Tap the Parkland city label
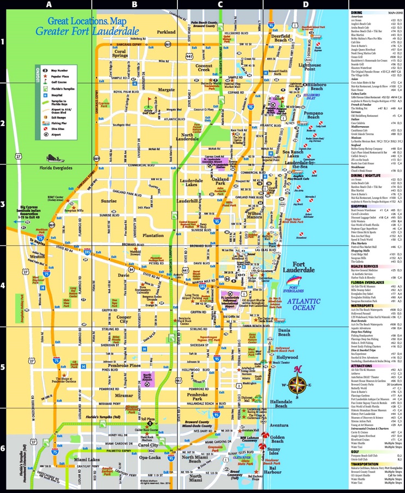[166, 32]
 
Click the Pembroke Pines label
[141, 365]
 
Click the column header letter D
[306, 4]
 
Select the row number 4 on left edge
[3, 286]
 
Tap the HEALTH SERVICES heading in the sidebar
[365, 266]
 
